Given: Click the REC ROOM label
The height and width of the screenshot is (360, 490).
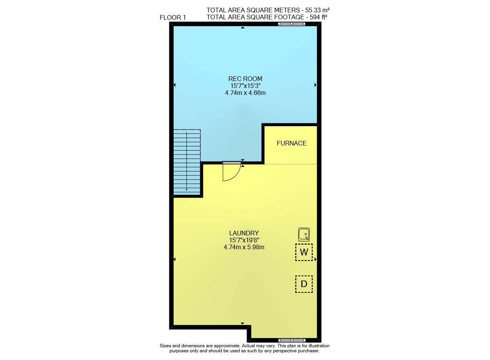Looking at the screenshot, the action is pyautogui.click(x=245, y=79).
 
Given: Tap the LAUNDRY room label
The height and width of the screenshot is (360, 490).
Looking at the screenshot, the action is pyautogui.click(x=244, y=233).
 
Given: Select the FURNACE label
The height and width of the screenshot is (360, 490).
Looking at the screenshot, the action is pyautogui.click(x=291, y=143).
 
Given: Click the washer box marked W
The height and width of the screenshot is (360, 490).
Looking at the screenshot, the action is pyautogui.click(x=304, y=252).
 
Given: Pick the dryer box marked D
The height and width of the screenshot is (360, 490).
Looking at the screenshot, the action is pyautogui.click(x=304, y=284).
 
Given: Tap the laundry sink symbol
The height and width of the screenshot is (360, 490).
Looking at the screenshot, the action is pyautogui.click(x=304, y=235).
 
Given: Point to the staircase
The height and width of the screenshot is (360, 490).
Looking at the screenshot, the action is pyautogui.click(x=187, y=162).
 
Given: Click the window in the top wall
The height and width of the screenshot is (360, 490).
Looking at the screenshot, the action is pyautogui.click(x=291, y=24).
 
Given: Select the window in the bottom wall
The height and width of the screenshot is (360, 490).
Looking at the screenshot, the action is pyautogui.click(x=292, y=340).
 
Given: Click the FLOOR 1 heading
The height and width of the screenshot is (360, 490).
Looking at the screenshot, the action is pyautogui.click(x=172, y=17).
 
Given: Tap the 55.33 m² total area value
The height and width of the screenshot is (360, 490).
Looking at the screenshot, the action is pyautogui.click(x=318, y=10).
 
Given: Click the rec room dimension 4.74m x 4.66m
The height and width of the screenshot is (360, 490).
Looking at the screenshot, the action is pyautogui.click(x=245, y=93).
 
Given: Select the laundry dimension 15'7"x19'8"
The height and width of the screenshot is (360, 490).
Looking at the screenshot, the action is pyautogui.click(x=244, y=240).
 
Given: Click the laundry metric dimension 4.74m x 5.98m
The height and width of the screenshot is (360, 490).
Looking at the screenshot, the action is pyautogui.click(x=244, y=247).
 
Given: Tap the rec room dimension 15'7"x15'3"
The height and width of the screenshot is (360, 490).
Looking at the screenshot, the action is pyautogui.click(x=245, y=86).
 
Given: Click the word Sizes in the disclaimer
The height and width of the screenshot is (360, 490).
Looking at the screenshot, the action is pyautogui.click(x=166, y=346).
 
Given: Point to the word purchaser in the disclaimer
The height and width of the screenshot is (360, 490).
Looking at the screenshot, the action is pyautogui.click(x=308, y=351).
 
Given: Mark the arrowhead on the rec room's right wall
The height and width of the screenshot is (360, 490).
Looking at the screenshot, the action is pyautogui.click(x=316, y=85).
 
